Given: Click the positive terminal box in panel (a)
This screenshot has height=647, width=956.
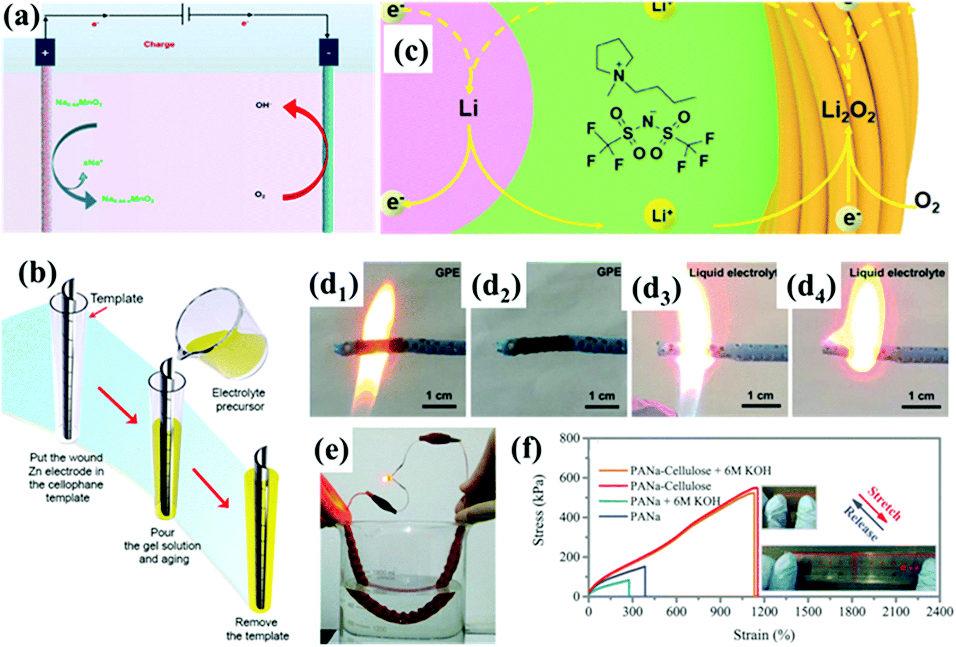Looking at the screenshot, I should point(45,53).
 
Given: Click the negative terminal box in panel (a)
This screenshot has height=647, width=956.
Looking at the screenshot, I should point(328,52).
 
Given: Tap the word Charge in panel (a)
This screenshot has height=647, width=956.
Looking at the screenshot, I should point(159,44).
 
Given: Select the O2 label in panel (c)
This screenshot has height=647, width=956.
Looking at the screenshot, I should point(927,203).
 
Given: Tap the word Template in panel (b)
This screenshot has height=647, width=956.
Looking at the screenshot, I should point(116,298).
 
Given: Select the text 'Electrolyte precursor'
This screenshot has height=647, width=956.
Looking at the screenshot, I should point(239,399).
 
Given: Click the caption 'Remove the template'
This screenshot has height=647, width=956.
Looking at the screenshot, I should point(257,629).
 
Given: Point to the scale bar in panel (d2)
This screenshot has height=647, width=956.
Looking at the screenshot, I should point(601,406).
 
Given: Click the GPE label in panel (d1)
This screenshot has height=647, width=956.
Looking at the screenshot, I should point(447,272).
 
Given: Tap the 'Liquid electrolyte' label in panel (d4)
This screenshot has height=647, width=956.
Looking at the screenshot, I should point(896,272).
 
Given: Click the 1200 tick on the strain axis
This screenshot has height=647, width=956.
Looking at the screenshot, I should point(764,611).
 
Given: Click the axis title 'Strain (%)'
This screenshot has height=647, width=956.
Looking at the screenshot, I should point(764,634).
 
